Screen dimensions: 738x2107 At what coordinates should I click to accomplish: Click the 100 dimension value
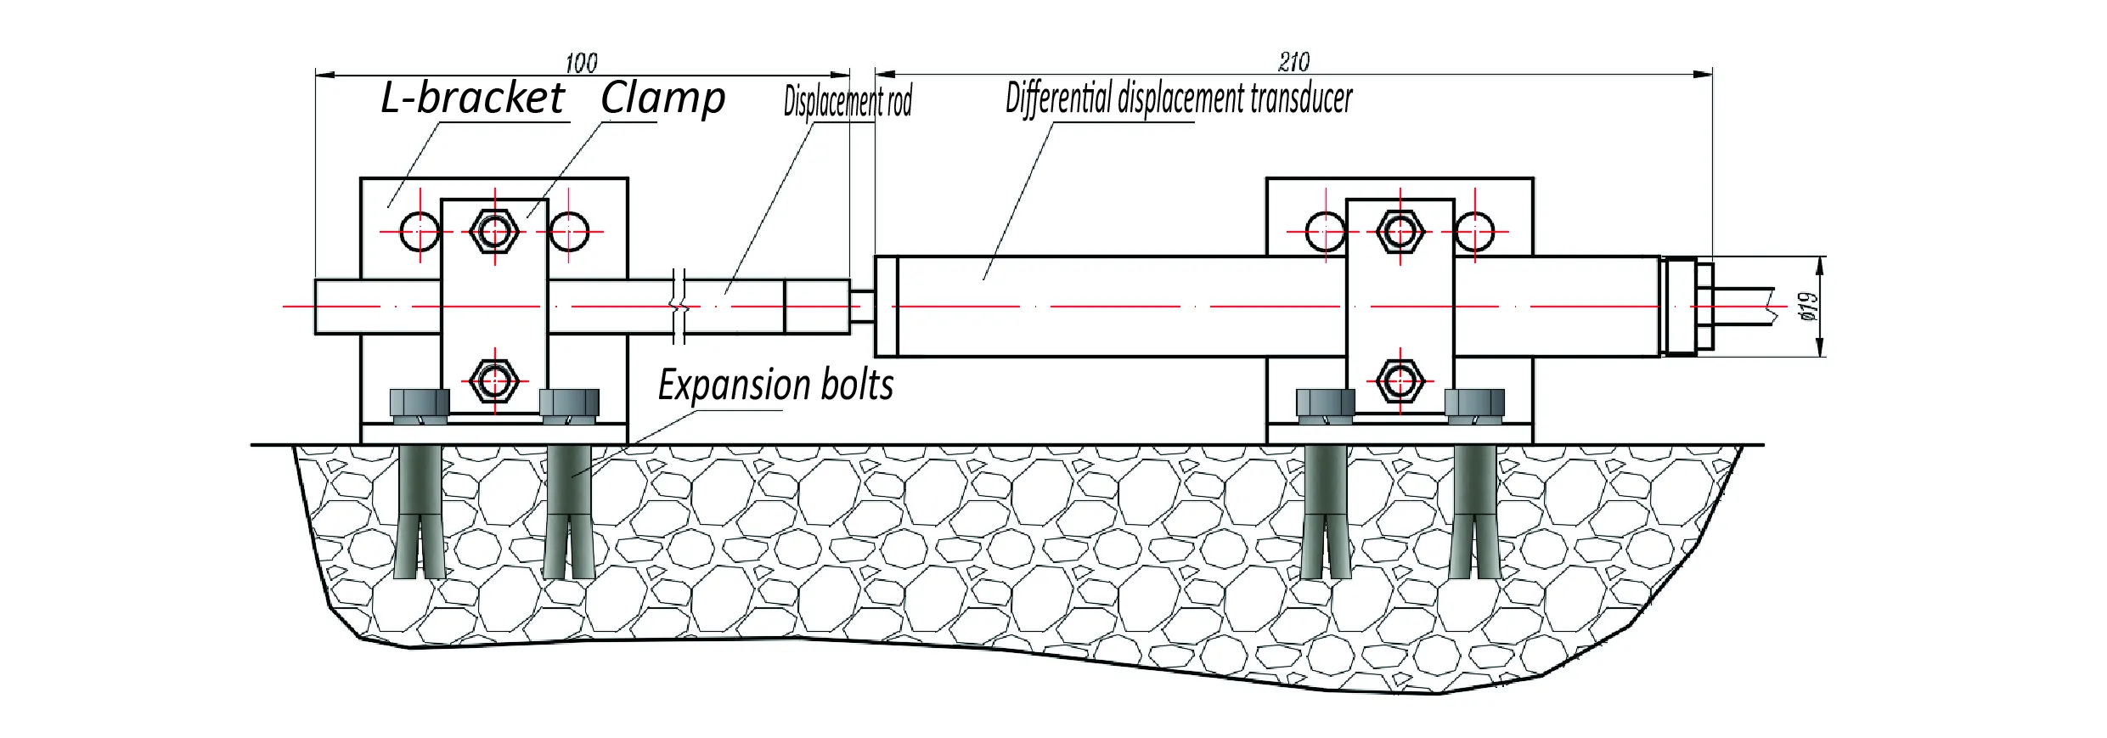(581, 63)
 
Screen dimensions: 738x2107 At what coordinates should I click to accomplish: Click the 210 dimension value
(1293, 61)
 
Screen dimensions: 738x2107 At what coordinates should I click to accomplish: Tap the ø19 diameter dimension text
(1808, 306)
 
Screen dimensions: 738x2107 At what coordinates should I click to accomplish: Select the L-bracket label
(472, 98)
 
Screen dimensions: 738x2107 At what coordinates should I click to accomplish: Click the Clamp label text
(662, 98)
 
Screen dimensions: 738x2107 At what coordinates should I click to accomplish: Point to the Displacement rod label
(847, 101)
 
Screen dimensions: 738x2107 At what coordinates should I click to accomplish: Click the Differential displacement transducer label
(1178, 98)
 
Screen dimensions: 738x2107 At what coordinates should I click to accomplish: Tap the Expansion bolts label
(775, 386)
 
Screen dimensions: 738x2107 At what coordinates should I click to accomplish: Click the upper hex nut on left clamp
(494, 231)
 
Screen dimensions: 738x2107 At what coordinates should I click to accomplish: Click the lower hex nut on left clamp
(494, 380)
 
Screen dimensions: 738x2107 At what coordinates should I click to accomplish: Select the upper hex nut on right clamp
(1400, 231)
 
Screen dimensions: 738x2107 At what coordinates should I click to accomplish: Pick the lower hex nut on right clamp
(1400, 380)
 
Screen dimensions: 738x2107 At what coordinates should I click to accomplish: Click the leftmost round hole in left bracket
(420, 231)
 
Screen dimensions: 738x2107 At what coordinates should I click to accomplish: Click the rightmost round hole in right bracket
(1474, 231)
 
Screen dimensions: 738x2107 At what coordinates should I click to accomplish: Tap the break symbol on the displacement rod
(679, 306)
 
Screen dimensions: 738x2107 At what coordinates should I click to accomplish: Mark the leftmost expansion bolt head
(419, 403)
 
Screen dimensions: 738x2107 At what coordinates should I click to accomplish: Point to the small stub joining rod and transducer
(862, 306)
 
